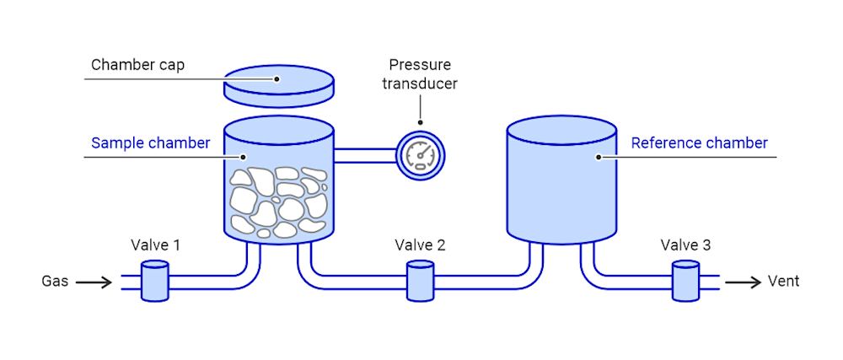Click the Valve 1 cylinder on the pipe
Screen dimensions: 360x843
point(153,281)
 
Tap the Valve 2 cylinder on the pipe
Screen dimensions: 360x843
point(420,281)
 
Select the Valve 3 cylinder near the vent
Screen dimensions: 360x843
point(685,281)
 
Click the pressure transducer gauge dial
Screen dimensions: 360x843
point(420,155)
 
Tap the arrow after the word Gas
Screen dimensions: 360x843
point(94,282)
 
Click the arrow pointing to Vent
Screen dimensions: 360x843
point(743,282)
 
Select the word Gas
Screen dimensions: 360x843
point(55,282)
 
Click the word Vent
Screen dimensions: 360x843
point(783,282)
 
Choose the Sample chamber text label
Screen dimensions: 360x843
point(150,142)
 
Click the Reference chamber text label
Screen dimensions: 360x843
point(699,142)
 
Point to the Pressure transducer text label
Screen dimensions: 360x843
point(420,74)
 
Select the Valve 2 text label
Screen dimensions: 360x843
point(420,245)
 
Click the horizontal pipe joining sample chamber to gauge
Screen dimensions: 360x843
point(365,155)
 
